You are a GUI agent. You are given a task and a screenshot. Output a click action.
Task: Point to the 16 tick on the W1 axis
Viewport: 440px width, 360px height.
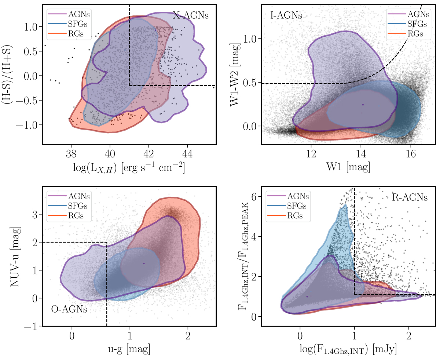411,154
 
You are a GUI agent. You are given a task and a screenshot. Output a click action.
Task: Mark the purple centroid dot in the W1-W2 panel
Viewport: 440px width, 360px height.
363,105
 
